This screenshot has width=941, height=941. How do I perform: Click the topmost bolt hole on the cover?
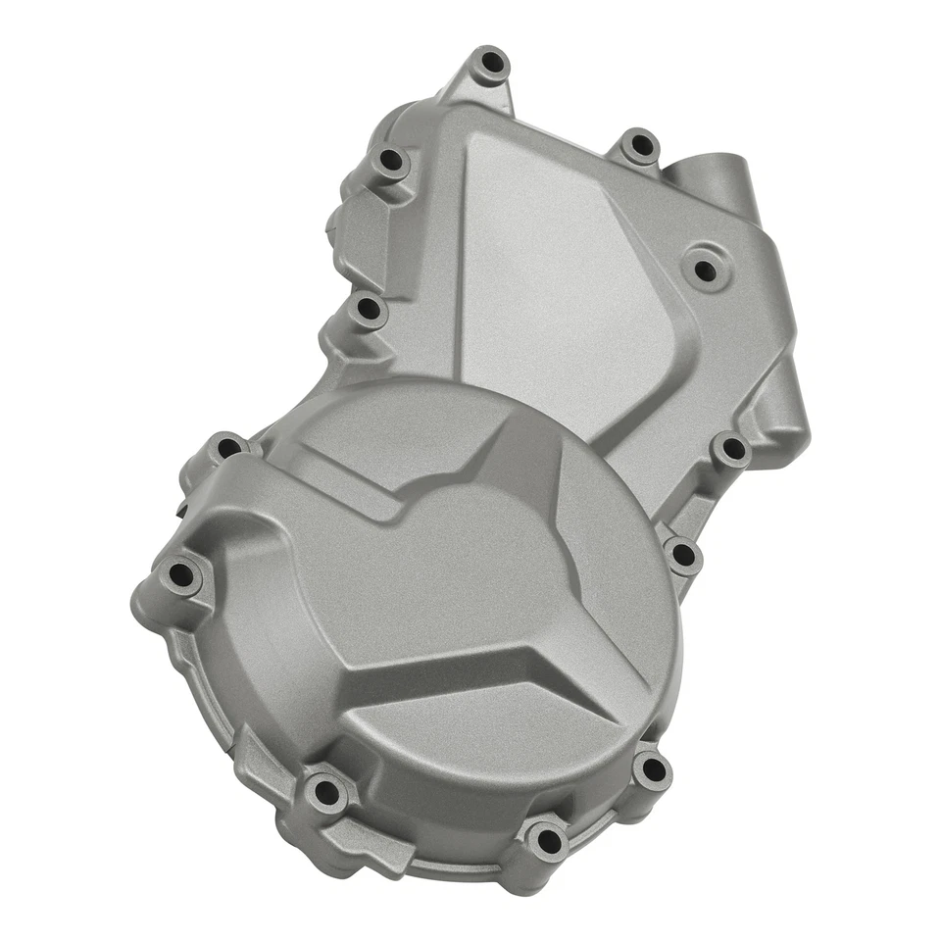point(489,65)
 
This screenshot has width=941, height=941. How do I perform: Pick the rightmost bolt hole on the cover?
point(730,451)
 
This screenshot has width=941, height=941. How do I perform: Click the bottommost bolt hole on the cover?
point(544,840)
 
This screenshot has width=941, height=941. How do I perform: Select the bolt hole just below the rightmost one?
point(683,556)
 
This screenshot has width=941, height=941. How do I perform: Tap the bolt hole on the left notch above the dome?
point(368,311)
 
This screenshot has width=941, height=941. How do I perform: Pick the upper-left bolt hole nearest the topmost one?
point(393,162)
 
